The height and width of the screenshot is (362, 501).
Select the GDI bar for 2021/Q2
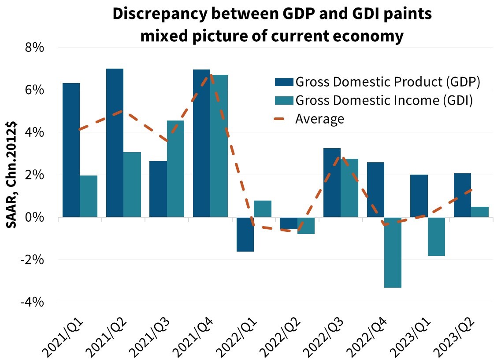click(x=132, y=185)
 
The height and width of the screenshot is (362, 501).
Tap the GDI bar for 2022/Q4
click(x=393, y=252)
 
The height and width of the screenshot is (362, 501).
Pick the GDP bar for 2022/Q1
click(x=245, y=234)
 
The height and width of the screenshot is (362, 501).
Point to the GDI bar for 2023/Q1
click(x=436, y=237)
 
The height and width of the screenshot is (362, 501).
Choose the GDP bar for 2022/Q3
click(x=332, y=183)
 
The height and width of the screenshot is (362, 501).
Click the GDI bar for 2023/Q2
click(x=480, y=212)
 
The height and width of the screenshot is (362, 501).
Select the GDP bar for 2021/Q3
click(x=158, y=189)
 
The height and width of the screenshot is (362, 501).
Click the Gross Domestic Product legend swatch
click(x=282, y=82)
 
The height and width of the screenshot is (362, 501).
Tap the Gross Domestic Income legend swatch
click(x=282, y=100)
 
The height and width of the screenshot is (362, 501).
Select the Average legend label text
click(x=319, y=119)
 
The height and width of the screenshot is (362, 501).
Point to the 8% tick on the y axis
click(x=33, y=48)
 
